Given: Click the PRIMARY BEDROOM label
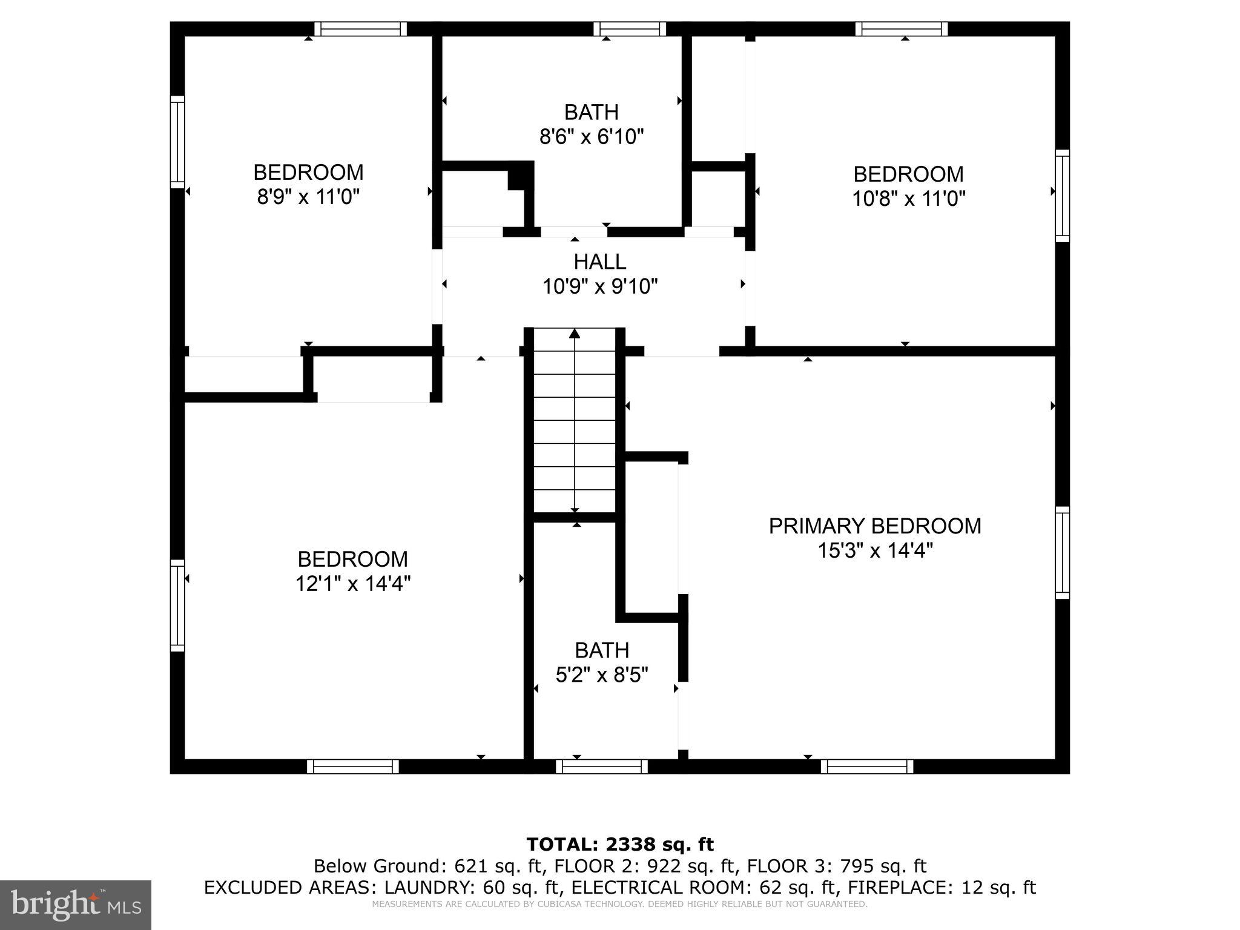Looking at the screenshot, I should click(874, 526).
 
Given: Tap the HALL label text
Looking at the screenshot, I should click(599, 262).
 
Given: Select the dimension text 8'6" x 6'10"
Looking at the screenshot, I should click(591, 137).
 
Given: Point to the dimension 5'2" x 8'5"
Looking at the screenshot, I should click(602, 674).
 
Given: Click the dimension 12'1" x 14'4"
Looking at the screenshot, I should click(353, 584).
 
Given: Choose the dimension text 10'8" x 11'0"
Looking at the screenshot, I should click(908, 199).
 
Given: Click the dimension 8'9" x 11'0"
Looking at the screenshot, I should click(308, 197).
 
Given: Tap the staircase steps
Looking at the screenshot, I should click(575, 424).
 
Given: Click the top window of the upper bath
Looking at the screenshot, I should click(630, 28).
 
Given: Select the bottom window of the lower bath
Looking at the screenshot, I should click(602, 767).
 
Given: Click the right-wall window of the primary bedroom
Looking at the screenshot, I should click(1063, 552).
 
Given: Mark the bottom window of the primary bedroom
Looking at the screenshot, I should click(867, 767).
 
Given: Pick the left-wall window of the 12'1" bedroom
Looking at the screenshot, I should click(177, 605).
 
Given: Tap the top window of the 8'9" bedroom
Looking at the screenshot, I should click(360, 28).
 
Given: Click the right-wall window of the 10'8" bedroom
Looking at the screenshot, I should click(1063, 196).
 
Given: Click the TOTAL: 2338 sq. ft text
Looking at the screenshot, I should click(620, 844).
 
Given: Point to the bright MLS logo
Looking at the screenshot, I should click(76, 905).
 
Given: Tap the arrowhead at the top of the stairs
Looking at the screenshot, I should click(575, 334).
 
